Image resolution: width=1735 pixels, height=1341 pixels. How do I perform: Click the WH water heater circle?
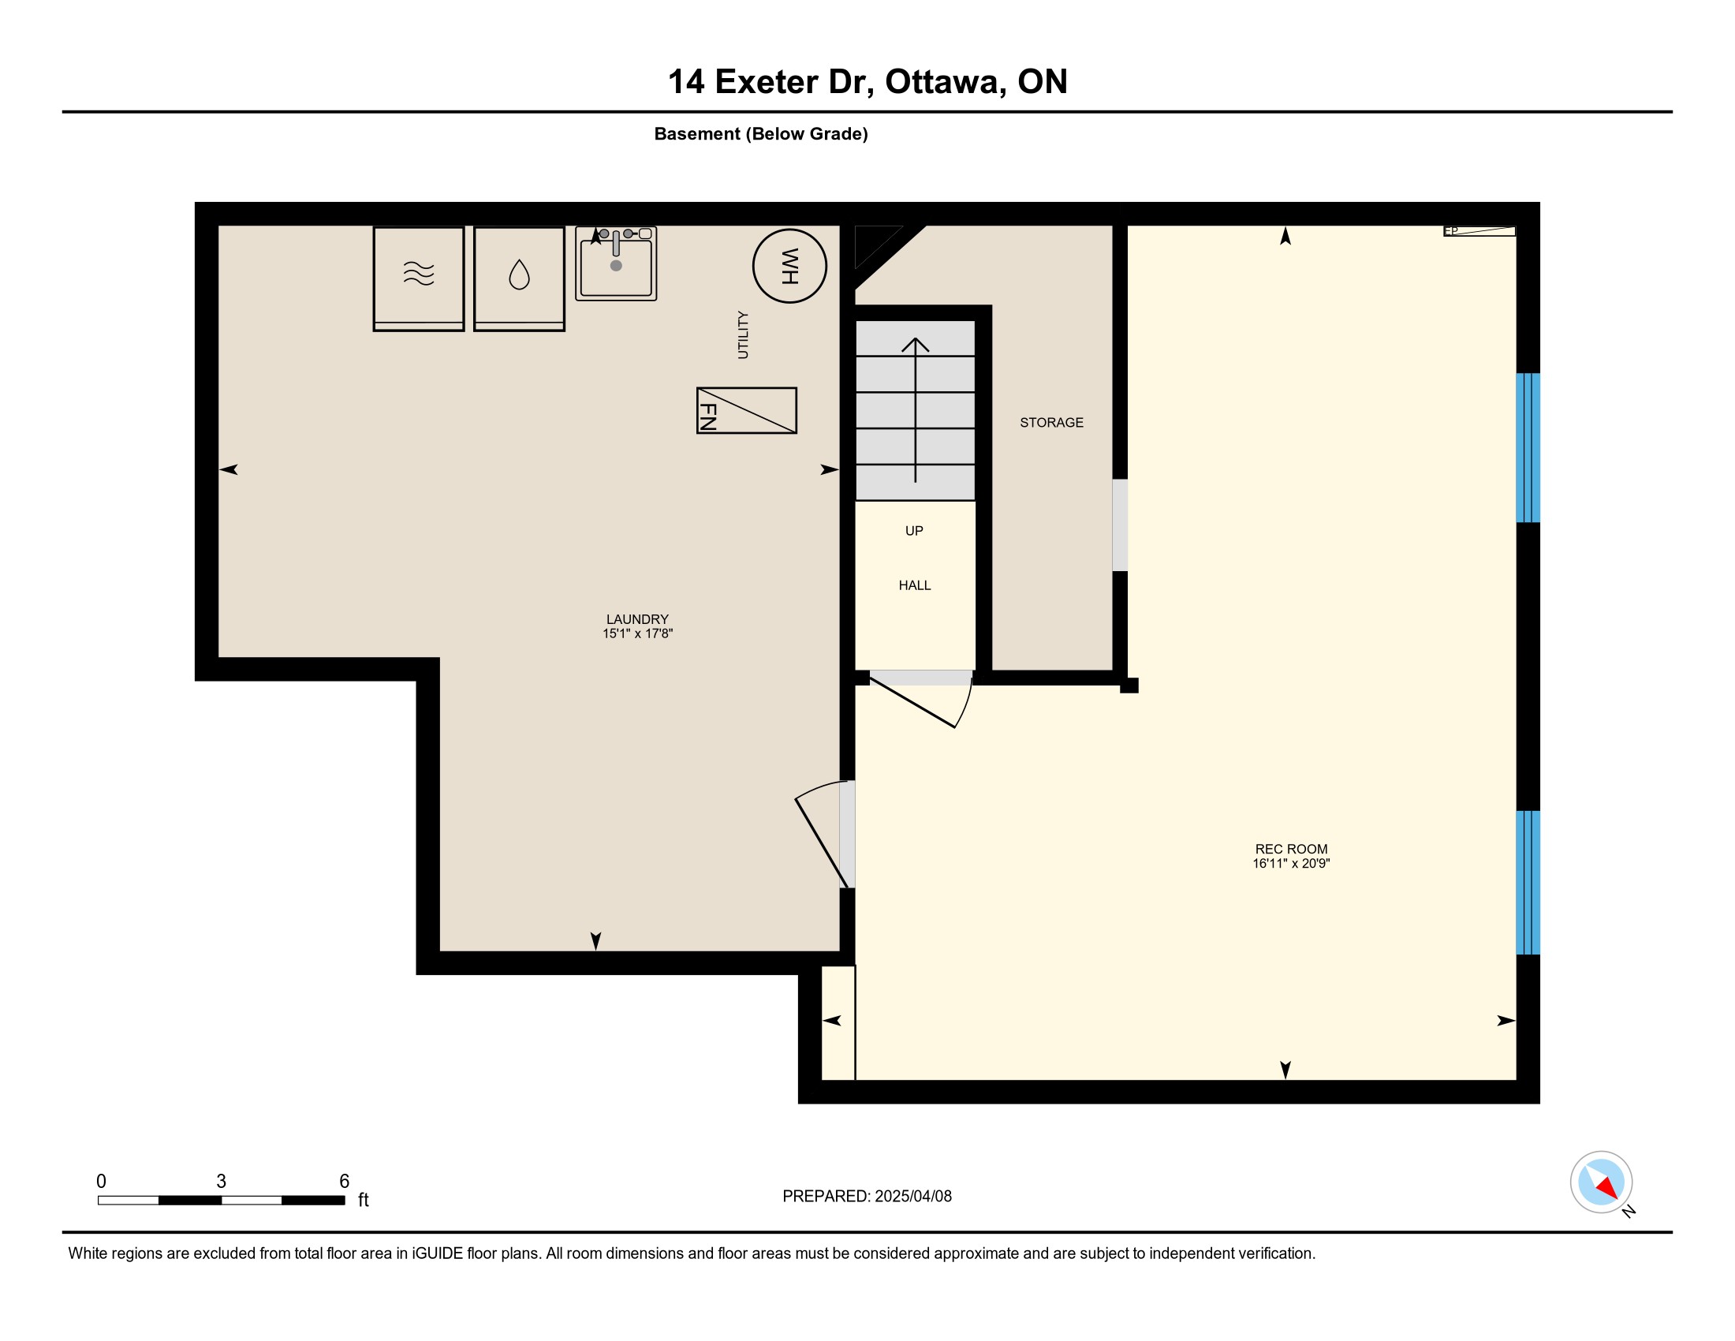pos(789,266)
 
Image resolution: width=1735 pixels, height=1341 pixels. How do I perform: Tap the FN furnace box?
pos(746,411)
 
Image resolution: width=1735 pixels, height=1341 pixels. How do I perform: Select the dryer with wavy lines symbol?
pos(419,278)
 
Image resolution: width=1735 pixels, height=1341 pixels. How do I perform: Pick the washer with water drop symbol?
pos(519,278)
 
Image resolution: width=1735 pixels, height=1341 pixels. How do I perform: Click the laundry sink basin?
pos(616,264)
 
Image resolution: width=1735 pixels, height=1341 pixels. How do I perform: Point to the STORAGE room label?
pos(1051,423)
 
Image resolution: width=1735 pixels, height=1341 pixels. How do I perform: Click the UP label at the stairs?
pos(914,531)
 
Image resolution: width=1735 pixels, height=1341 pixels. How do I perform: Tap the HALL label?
pos(914,585)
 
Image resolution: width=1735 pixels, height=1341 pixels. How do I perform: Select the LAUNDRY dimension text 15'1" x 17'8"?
pos(637,634)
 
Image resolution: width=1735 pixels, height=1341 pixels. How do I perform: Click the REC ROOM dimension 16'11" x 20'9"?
pos(1291,864)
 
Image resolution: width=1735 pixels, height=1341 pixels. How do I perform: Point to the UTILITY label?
pos(743,334)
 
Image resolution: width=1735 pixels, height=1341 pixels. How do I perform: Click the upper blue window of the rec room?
pos(1528,448)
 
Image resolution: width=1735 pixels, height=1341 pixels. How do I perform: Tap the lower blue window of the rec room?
pos(1528,883)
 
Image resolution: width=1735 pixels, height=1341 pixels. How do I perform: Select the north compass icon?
pos(1603,1183)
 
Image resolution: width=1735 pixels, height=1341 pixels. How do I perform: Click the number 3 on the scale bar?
pos(221,1182)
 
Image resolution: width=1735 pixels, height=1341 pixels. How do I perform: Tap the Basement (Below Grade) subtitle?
pos(760,134)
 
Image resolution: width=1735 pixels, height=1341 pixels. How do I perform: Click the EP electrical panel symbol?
pos(1479,231)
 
